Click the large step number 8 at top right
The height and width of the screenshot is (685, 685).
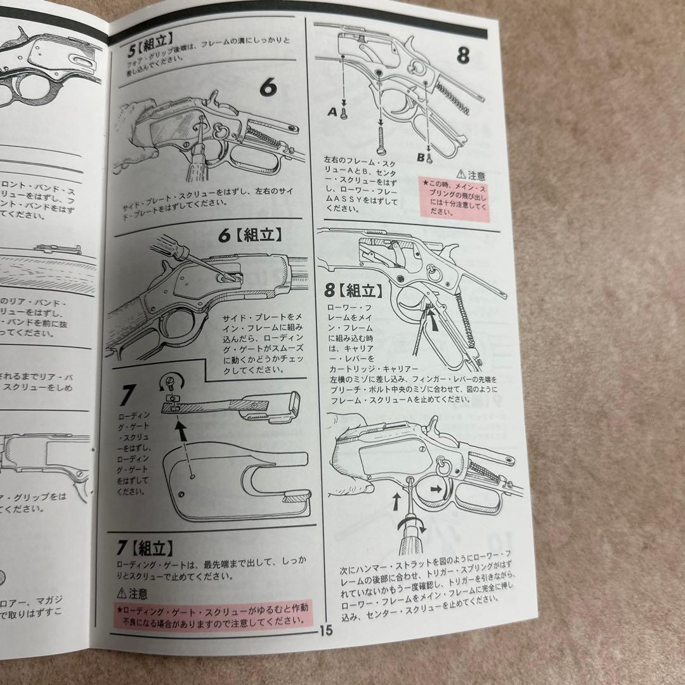pyautogui.click(x=464, y=55)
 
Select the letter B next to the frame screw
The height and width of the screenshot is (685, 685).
pyautogui.click(x=420, y=154)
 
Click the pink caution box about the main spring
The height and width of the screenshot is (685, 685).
pyautogui.click(x=455, y=199)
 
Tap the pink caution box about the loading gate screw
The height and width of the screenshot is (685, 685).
pyautogui.click(x=213, y=613)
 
